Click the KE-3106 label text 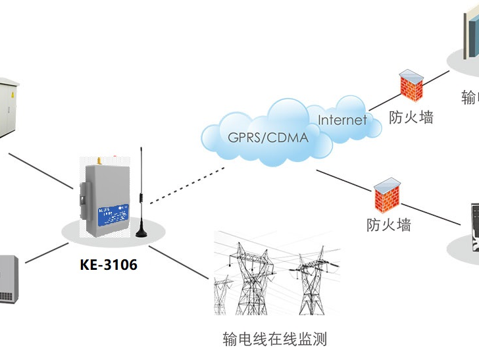click(109, 265)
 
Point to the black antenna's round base click(142, 231)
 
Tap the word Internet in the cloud click(342, 120)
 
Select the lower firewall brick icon click(388, 194)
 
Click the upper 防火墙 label click(411, 118)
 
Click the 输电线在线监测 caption click(275, 340)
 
